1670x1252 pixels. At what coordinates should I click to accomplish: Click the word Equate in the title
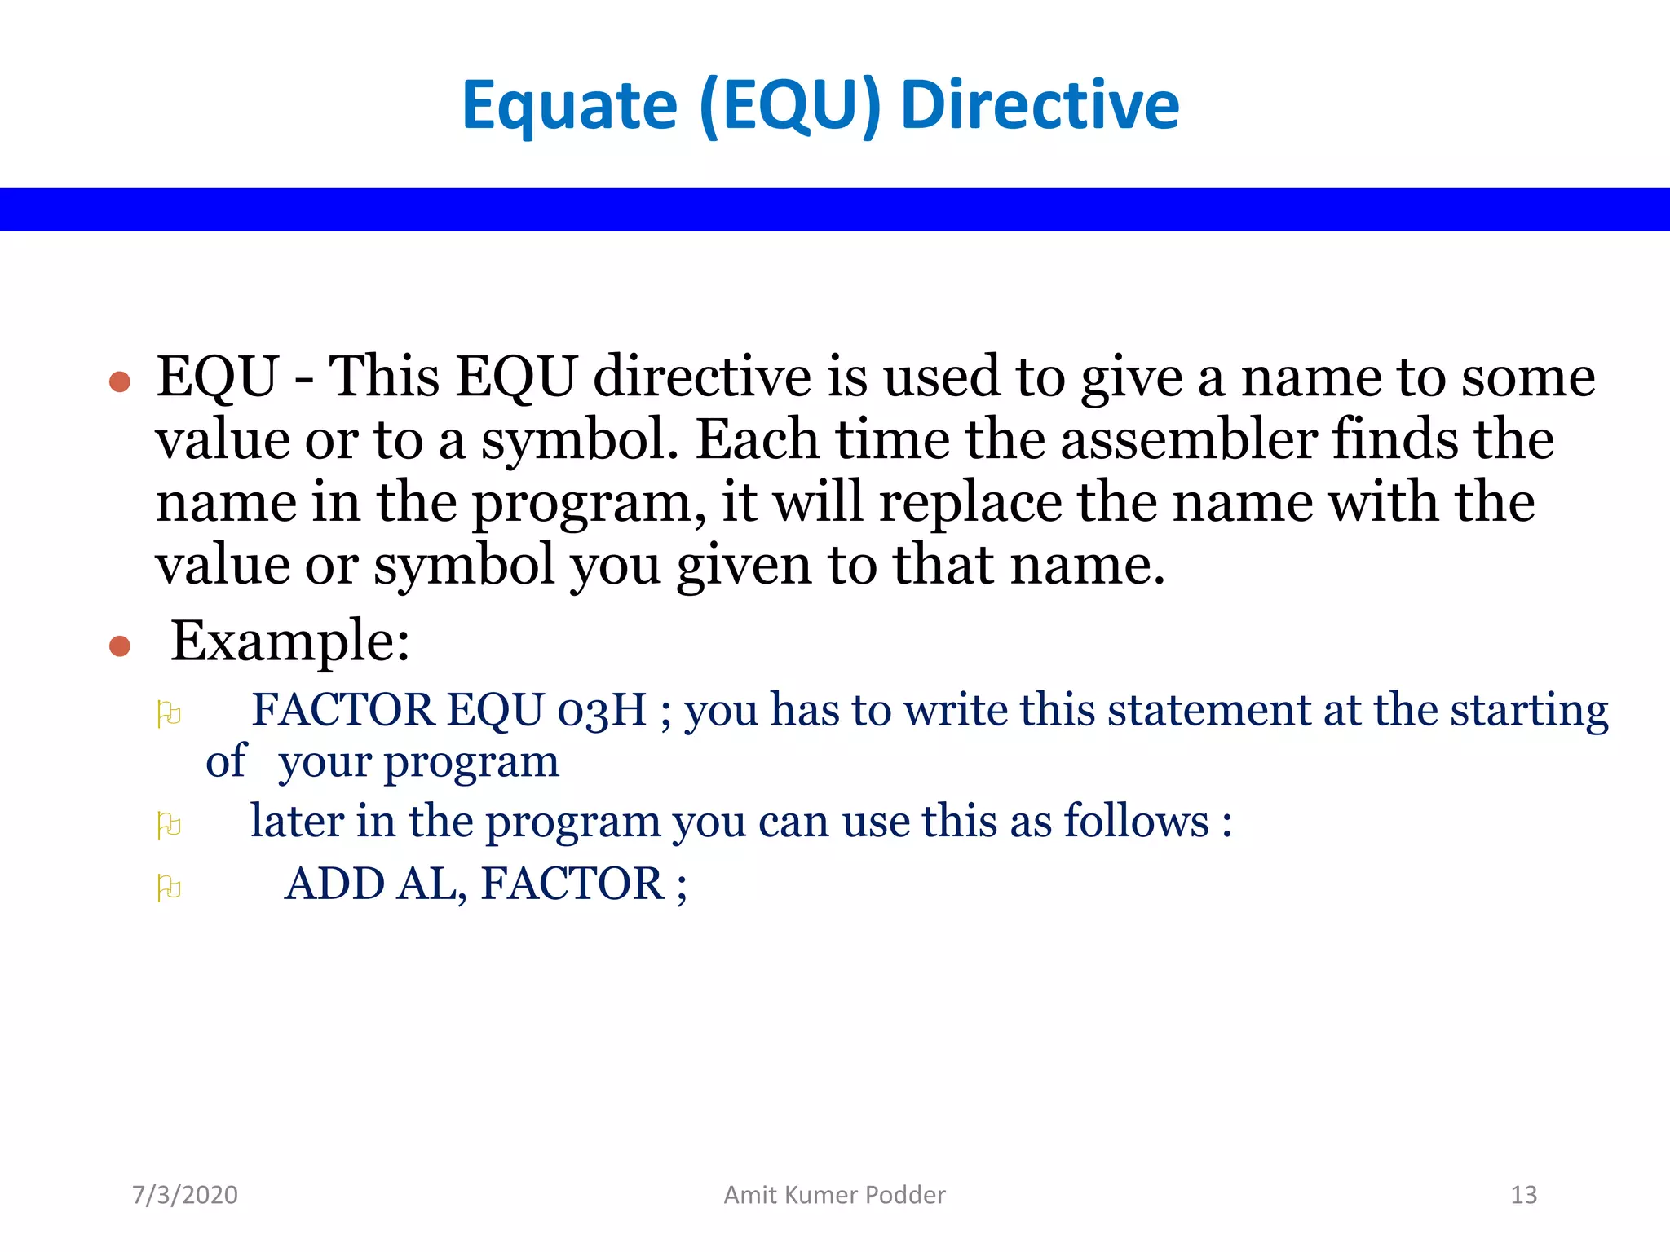click(569, 106)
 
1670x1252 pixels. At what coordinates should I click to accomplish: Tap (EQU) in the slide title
click(790, 106)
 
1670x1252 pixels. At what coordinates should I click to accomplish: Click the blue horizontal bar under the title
click(835, 209)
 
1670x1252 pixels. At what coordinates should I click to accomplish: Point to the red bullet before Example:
click(120, 646)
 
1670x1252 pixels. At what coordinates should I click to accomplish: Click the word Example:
click(289, 641)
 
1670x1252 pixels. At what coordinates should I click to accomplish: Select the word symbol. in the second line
click(580, 441)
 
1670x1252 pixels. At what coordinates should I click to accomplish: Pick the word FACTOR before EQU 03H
click(342, 710)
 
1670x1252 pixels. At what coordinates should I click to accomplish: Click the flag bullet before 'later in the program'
click(169, 825)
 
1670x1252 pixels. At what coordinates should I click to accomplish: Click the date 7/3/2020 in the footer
click(185, 1195)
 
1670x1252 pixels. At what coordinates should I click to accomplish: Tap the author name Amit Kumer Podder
click(834, 1195)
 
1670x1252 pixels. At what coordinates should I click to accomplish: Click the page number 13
click(1523, 1195)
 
